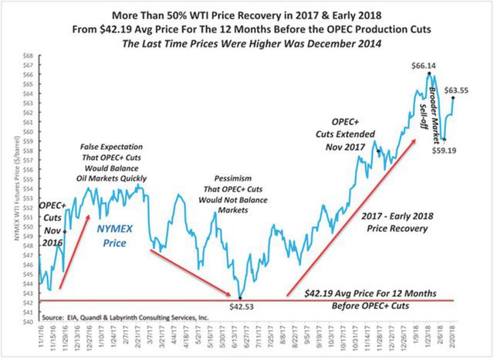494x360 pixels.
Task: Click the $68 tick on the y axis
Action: [x=28, y=56]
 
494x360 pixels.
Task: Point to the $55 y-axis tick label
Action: [x=28, y=178]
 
